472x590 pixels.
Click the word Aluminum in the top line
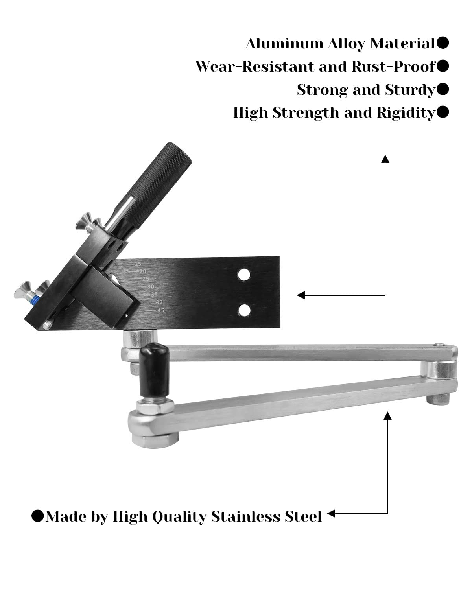click(284, 43)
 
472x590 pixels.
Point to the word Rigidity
click(406, 112)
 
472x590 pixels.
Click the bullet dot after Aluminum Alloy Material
click(442, 43)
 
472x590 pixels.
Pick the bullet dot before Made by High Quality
click(38, 516)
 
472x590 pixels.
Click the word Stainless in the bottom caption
click(246, 516)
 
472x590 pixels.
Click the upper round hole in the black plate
click(244, 275)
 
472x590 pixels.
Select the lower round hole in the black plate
click(244, 310)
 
